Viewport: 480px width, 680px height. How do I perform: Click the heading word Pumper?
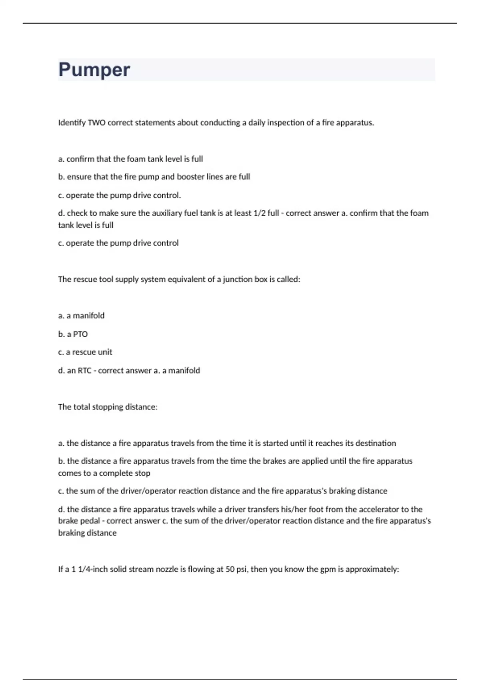94,70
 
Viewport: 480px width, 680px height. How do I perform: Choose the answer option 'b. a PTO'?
73,334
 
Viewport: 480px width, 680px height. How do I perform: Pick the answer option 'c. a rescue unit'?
85,352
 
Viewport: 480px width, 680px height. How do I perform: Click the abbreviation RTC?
84,371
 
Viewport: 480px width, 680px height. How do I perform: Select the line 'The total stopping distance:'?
108,407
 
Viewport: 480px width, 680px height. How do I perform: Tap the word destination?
376,443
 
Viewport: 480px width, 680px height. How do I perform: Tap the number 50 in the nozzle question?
230,569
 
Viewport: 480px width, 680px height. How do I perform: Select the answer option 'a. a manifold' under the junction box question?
81,316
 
